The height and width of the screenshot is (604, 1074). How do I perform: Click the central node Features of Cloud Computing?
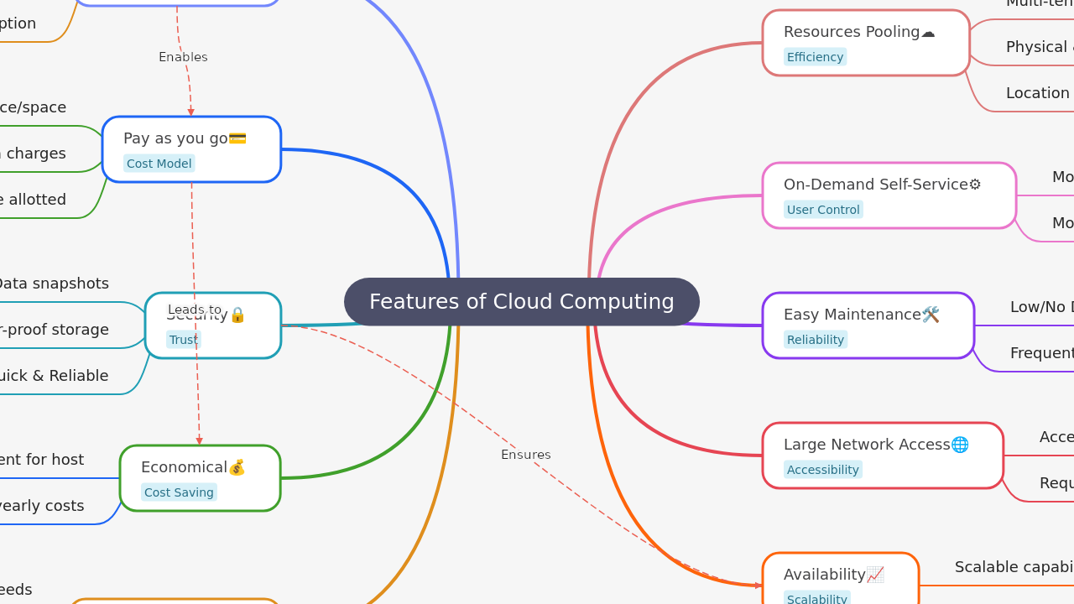(x=521, y=302)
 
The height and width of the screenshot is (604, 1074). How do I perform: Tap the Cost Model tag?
(x=159, y=164)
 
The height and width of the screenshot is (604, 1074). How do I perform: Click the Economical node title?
(x=185, y=467)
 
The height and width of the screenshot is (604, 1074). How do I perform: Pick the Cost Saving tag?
(x=179, y=492)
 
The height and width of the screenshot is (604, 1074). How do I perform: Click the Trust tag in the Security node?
(x=183, y=340)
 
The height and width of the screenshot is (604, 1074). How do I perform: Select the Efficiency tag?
(x=815, y=57)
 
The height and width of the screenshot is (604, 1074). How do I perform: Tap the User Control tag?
(x=822, y=210)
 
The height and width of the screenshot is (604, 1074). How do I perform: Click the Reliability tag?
(x=815, y=340)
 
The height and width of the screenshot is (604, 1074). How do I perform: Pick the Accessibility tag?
(x=822, y=470)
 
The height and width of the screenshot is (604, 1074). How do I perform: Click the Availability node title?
(x=825, y=575)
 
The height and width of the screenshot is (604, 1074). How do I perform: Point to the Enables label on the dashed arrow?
(x=183, y=57)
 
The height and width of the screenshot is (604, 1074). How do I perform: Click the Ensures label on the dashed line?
(x=525, y=455)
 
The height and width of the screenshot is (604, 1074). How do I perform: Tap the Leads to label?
(x=195, y=310)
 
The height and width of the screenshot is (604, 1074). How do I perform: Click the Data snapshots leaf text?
(x=52, y=284)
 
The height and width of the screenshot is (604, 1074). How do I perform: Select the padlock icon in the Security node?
(x=237, y=315)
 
